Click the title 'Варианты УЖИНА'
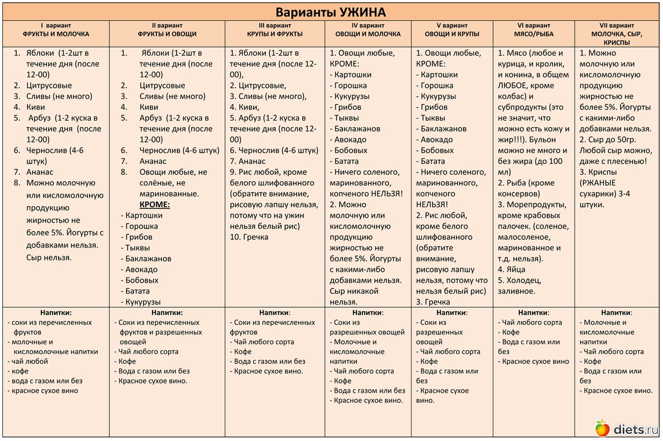331,12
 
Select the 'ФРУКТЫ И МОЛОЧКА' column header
56,34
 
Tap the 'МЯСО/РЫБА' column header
533,34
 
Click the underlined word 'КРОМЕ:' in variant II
154,204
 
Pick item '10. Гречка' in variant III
249,237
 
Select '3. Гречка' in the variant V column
433,302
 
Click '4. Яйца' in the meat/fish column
512,270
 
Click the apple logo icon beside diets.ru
602,427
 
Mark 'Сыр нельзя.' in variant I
49,258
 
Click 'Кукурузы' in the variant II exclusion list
143,302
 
